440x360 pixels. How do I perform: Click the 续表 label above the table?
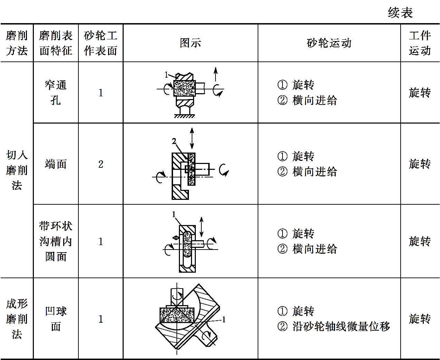click(400, 13)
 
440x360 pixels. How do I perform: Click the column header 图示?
click(190, 43)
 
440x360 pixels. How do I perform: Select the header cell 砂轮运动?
click(329, 43)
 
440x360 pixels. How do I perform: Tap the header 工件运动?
click(420, 43)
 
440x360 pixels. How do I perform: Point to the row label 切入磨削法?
click(17, 170)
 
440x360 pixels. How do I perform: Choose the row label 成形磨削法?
click(17, 319)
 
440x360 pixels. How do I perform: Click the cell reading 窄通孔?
click(56, 92)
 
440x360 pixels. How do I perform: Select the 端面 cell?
click(56, 164)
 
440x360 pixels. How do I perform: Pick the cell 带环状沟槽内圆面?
click(56, 241)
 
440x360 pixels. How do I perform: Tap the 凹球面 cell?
click(56, 319)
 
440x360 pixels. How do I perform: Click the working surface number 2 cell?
click(101, 164)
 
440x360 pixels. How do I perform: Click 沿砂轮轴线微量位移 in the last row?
click(341, 326)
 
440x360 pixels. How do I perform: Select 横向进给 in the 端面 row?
click(315, 172)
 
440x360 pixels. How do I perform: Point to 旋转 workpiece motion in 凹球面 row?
click(420, 319)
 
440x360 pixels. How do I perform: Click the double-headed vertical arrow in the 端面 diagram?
click(192, 138)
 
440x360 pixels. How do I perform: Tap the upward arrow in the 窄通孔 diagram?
click(216, 75)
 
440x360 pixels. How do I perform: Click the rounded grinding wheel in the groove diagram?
click(187, 244)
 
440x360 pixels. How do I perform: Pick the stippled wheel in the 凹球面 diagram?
click(176, 314)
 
